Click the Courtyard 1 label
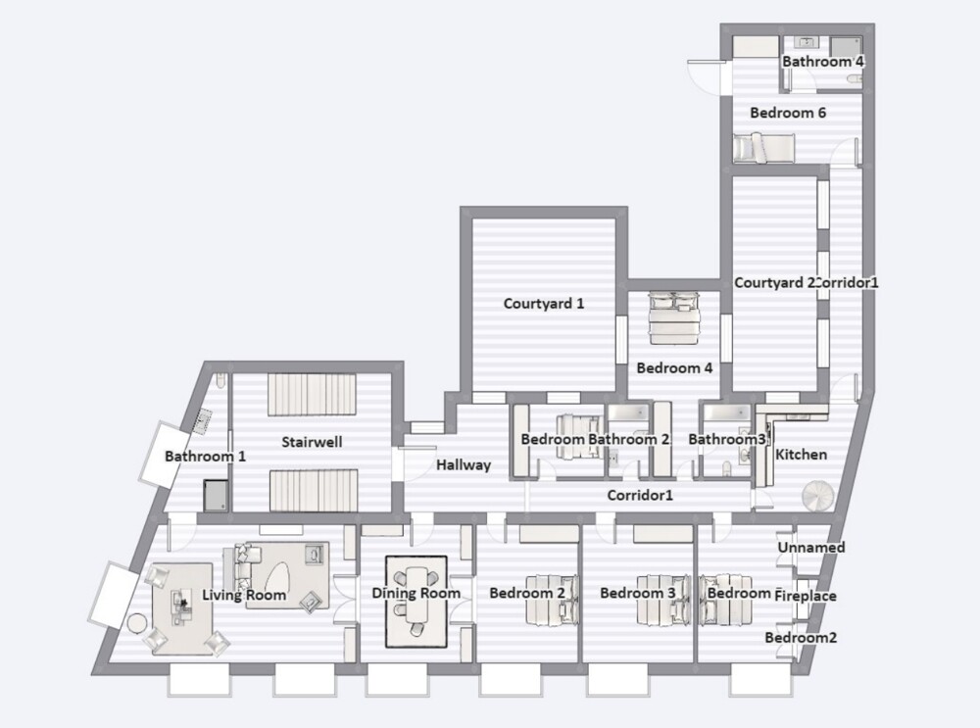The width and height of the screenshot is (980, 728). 544,303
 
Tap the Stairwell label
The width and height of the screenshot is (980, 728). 312,442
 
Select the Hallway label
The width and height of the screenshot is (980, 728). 464,464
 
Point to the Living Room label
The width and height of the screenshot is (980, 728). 244,595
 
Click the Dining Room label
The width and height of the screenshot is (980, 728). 416,593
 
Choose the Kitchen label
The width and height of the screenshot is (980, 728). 802,455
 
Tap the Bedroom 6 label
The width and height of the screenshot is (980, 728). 788,113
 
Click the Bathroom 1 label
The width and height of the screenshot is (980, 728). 205,456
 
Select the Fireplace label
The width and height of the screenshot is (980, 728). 806,595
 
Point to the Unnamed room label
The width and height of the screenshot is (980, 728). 810,548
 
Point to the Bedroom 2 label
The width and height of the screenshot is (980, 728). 527,593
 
